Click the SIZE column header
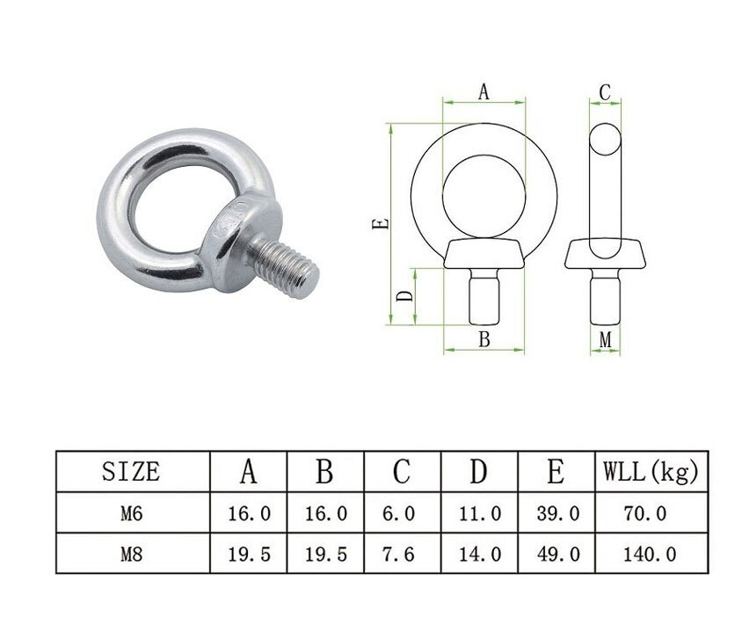[x=131, y=471]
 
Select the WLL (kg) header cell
[x=651, y=471]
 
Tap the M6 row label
[x=132, y=513]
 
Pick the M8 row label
[x=132, y=554]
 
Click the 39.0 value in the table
[x=558, y=513]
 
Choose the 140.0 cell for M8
[x=650, y=554]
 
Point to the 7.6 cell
[x=398, y=554]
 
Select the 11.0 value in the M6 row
[x=480, y=513]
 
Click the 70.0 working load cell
[x=644, y=513]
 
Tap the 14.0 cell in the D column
[x=480, y=554]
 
